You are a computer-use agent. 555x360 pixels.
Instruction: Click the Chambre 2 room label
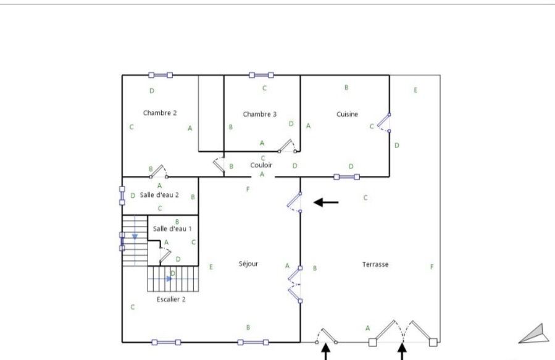coord(160,113)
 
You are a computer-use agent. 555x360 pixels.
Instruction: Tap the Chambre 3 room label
coord(259,114)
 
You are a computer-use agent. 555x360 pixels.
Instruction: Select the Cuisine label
coord(347,114)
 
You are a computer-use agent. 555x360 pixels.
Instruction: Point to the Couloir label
coord(261,165)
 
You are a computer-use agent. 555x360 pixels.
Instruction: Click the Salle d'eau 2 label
coord(159,195)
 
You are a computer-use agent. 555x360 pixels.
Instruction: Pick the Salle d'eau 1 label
coord(172,229)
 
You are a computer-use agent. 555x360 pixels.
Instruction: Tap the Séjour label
coord(248,264)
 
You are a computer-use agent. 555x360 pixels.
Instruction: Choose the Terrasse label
coord(375,264)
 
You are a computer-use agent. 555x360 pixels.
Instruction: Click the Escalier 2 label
coord(171,299)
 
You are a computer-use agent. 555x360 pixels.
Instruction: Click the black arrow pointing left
coord(326,203)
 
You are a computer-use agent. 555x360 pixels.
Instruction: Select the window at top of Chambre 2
coord(161,75)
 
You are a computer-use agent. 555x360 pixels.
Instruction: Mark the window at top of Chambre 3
coord(261,75)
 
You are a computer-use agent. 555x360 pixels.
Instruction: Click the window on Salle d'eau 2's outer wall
coord(122,196)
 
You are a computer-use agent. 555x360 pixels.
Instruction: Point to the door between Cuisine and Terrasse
coord(384,123)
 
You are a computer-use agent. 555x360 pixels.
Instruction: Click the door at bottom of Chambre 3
coord(287,146)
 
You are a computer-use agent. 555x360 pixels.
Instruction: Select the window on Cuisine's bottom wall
coord(346,177)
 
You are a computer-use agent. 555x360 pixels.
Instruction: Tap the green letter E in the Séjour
coord(211,267)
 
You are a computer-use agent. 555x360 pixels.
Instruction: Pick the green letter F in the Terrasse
coord(432,267)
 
